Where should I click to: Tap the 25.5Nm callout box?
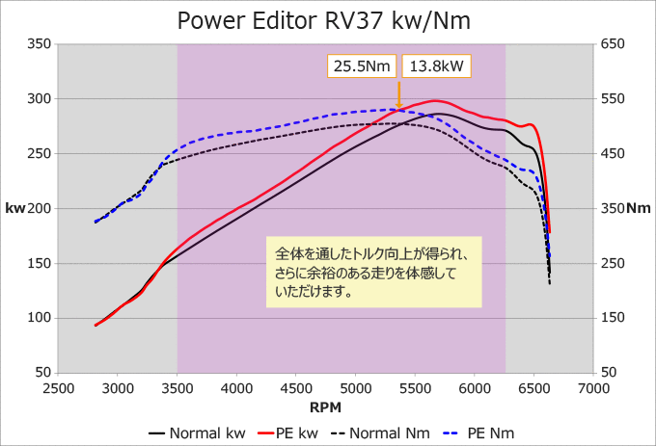[362, 66]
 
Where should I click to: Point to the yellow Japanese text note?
[373, 272]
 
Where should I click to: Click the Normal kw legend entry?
[197, 432]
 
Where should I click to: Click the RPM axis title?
[326, 407]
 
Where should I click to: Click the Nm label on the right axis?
[639, 208]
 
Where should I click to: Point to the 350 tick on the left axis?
[39, 43]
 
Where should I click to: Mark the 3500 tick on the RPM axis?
[178, 387]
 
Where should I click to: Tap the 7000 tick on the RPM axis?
[593, 387]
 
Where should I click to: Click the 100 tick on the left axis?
[39, 318]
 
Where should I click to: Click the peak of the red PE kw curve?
[436, 100]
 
